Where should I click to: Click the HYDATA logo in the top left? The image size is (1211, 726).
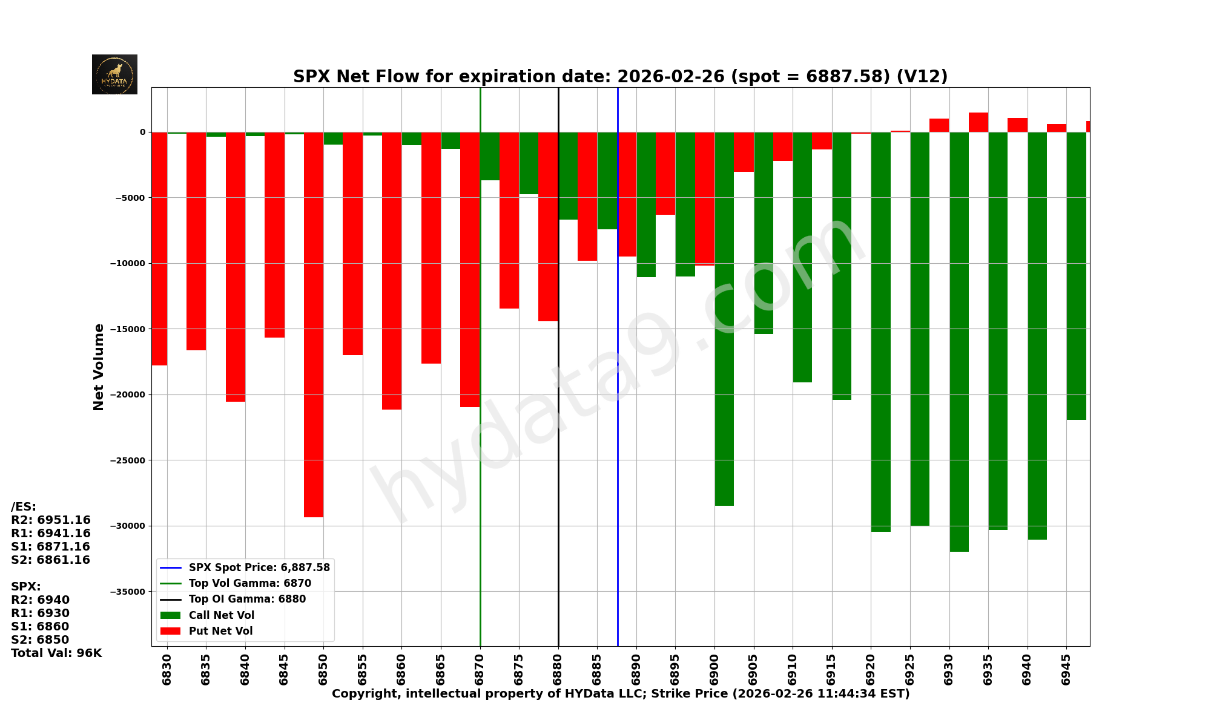114,74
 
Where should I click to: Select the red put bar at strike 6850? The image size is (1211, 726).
314,324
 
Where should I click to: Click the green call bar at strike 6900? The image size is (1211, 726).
724,319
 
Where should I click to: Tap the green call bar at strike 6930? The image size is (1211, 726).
959,342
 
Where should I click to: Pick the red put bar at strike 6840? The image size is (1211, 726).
236,267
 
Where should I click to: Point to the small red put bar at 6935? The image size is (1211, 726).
978,122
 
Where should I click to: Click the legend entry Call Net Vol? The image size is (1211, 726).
221,615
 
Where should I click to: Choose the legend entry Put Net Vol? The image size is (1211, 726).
220,631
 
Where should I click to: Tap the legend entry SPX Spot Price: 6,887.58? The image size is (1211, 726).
259,567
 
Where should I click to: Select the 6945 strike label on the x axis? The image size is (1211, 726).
1066,669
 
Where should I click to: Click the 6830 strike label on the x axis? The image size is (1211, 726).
167,669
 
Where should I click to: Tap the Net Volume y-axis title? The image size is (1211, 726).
99,367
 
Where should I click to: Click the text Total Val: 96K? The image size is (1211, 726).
56,653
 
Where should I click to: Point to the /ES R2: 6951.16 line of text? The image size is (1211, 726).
51,520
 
